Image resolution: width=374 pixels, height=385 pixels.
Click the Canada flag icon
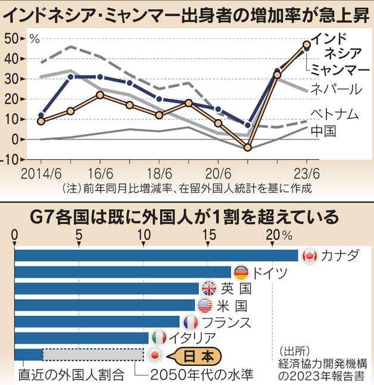click(x=309, y=256)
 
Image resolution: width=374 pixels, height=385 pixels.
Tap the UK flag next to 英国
click(x=209, y=289)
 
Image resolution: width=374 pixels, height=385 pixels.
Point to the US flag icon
click(x=205, y=306)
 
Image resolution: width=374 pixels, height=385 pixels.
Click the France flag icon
click(x=190, y=322)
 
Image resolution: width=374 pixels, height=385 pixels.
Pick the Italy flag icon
click(x=159, y=338)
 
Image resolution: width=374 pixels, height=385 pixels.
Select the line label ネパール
click(x=335, y=89)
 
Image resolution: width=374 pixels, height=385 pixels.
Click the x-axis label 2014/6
click(x=40, y=175)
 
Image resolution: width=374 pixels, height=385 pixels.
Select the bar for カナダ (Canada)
click(x=155, y=256)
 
